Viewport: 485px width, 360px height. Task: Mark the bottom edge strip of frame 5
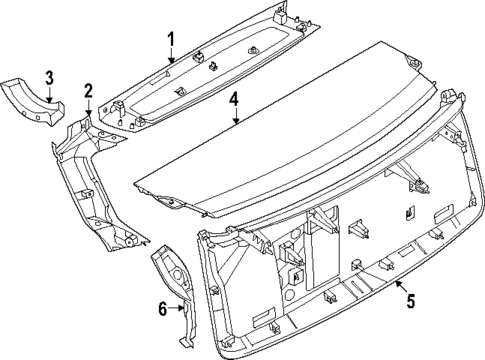[x=330, y=330]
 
